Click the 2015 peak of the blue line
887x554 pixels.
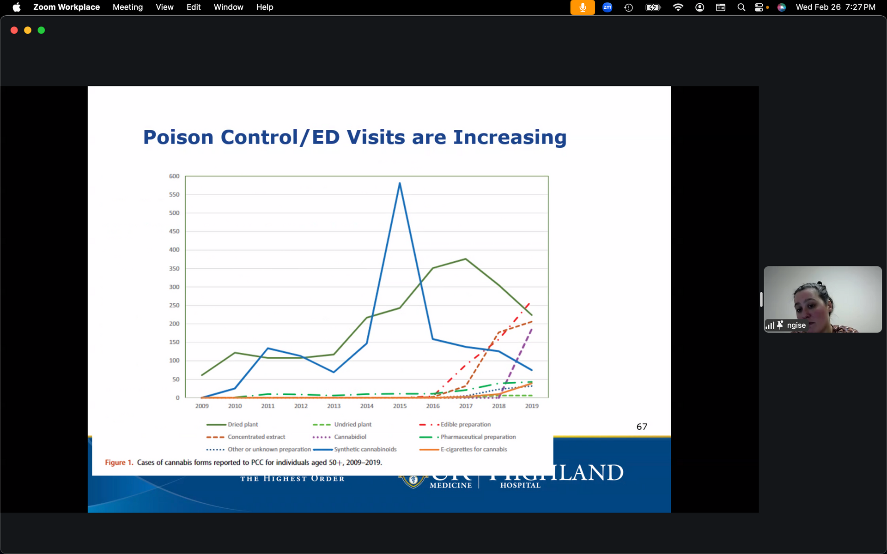400,184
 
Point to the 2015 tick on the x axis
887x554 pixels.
400,406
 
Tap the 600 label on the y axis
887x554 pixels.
174,176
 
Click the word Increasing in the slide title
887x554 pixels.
510,138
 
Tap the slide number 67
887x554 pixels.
642,427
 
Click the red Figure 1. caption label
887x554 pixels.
119,463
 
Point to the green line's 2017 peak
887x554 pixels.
466,259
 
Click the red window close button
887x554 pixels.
14,30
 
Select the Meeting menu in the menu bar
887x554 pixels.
128,7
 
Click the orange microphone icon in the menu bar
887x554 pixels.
582,7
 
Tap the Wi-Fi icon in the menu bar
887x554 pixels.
678,7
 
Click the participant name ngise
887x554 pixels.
796,325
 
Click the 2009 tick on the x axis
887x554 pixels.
202,406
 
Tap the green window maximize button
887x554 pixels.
41,30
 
